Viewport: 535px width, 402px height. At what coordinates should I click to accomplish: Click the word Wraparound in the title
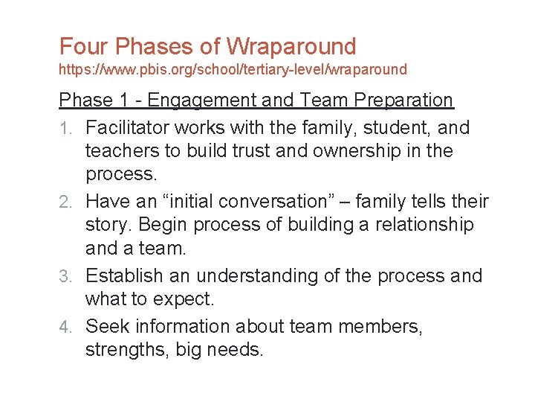pyautogui.click(x=291, y=46)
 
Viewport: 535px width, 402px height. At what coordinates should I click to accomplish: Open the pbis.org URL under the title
pyautogui.click(x=233, y=70)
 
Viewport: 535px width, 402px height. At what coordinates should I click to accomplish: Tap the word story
pyautogui.click(x=108, y=225)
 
